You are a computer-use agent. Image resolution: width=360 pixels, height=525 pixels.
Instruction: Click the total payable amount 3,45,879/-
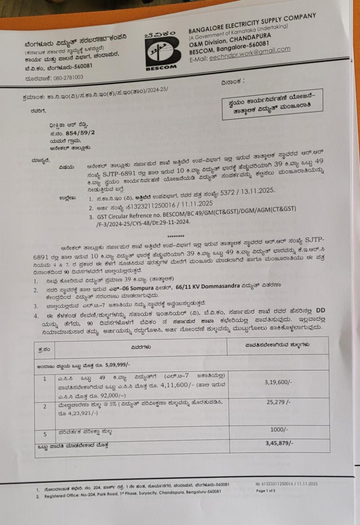tap(279, 443)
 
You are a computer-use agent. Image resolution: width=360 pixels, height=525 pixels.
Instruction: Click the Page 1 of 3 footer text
tap(266, 491)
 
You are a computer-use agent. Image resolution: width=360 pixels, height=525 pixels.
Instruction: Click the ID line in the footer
tap(286, 484)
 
